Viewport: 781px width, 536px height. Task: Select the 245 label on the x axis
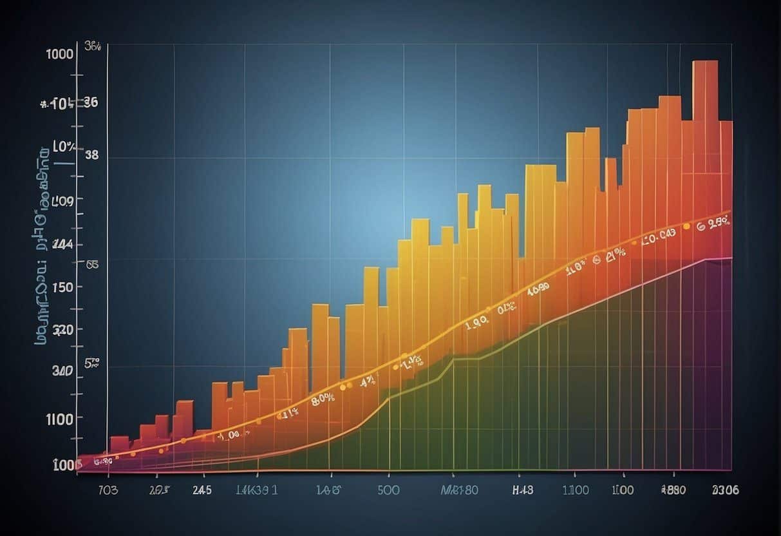[x=202, y=490]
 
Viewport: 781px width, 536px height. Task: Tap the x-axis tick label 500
[x=388, y=490]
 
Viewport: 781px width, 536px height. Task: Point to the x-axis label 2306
[x=724, y=490]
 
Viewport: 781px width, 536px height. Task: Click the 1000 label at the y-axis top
[x=59, y=54]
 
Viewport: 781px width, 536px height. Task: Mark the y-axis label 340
[x=62, y=371]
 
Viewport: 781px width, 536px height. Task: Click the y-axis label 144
[x=62, y=244]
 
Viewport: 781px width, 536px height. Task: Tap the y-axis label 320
[x=62, y=330]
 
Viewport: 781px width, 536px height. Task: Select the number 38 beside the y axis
[x=91, y=155]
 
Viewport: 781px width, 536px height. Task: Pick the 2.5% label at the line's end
[x=718, y=224]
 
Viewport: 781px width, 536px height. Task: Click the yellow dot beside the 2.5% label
[x=686, y=227]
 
